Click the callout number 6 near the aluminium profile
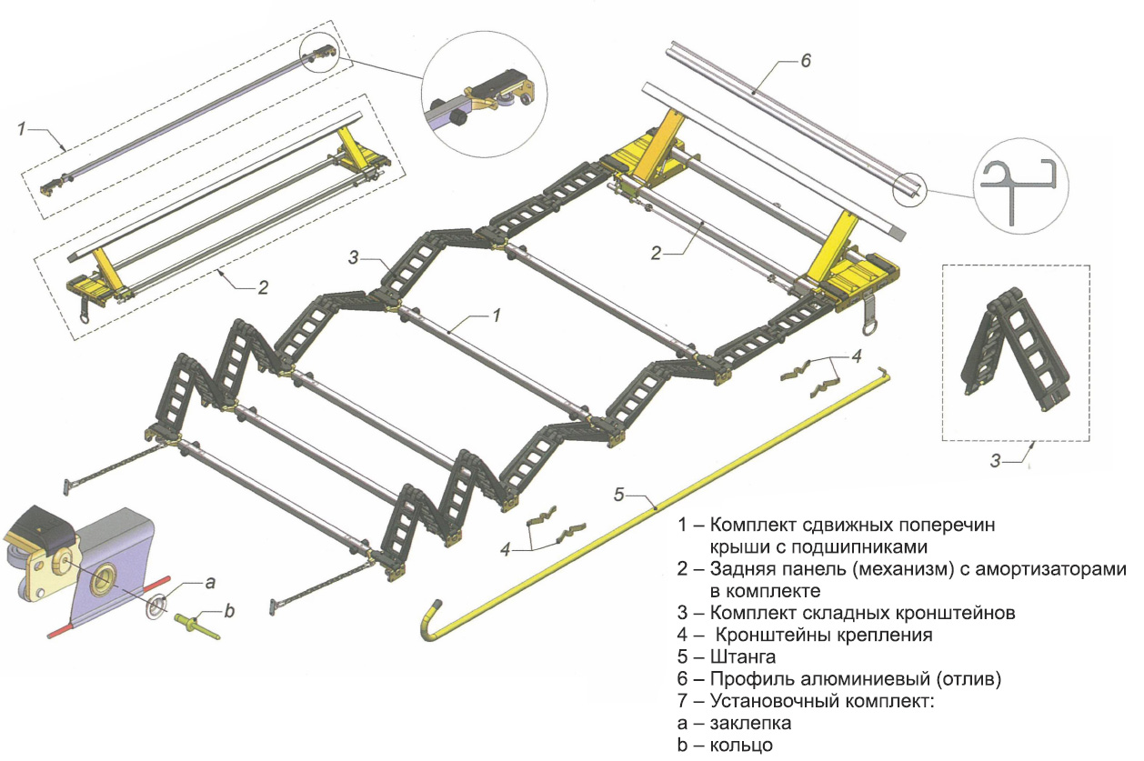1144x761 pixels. pyautogui.click(x=805, y=61)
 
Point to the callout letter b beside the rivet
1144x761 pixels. pyautogui.click(x=229, y=612)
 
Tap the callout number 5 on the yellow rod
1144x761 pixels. pyautogui.click(x=618, y=496)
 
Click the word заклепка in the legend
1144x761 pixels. pyautogui.click(x=750, y=724)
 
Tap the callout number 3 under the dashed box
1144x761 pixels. pyautogui.click(x=996, y=462)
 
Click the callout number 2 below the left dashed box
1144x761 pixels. pyautogui.click(x=264, y=288)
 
